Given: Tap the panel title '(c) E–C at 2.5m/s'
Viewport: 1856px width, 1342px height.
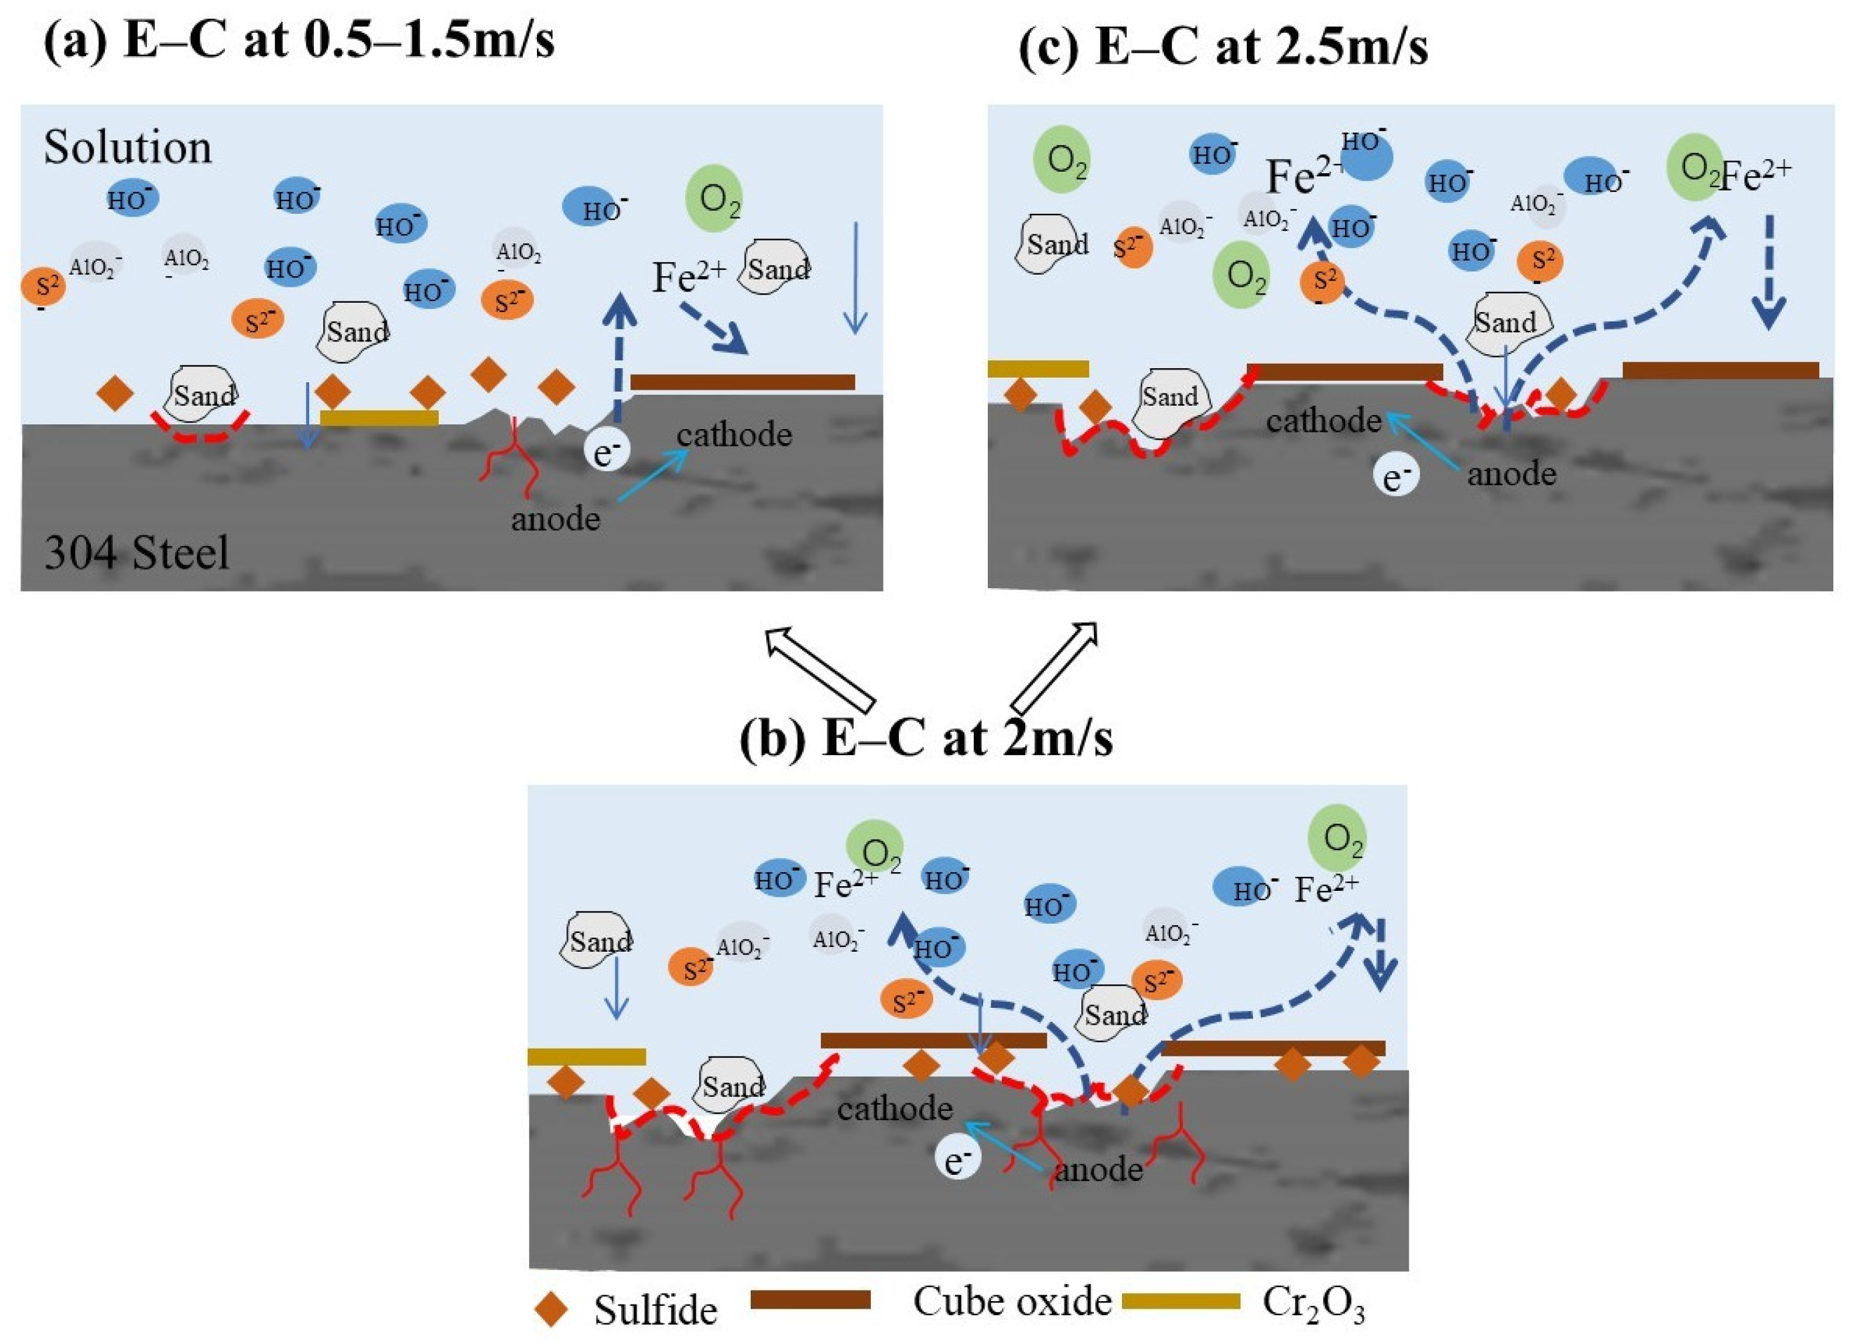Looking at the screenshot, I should (x=1224, y=45).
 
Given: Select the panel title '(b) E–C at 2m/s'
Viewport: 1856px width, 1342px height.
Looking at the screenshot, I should (x=926, y=737).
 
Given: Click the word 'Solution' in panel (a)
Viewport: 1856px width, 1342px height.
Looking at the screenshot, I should (x=128, y=148).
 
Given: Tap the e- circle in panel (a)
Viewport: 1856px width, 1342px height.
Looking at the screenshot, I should (x=606, y=451).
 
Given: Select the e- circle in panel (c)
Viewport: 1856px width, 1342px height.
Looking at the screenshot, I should (x=1397, y=477).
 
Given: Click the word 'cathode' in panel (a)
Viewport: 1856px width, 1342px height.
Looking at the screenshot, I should (x=734, y=434).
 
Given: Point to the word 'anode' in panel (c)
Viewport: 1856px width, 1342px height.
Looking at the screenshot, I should (x=1511, y=473).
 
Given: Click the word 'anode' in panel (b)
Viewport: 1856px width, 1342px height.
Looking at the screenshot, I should (x=1098, y=1168).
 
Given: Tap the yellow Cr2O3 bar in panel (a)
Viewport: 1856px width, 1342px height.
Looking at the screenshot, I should (x=379, y=418).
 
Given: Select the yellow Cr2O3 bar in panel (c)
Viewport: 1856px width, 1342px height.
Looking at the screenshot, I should (x=1038, y=368).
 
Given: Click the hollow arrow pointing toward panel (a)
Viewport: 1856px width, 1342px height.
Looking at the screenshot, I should (x=819, y=667).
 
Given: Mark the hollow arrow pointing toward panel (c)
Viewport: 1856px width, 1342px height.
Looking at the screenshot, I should (x=1055, y=667).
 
